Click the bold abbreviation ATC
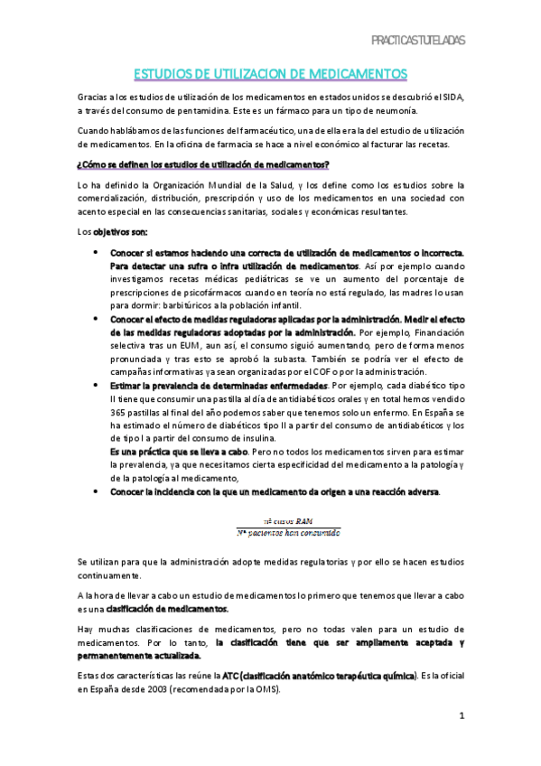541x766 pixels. (232, 675)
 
